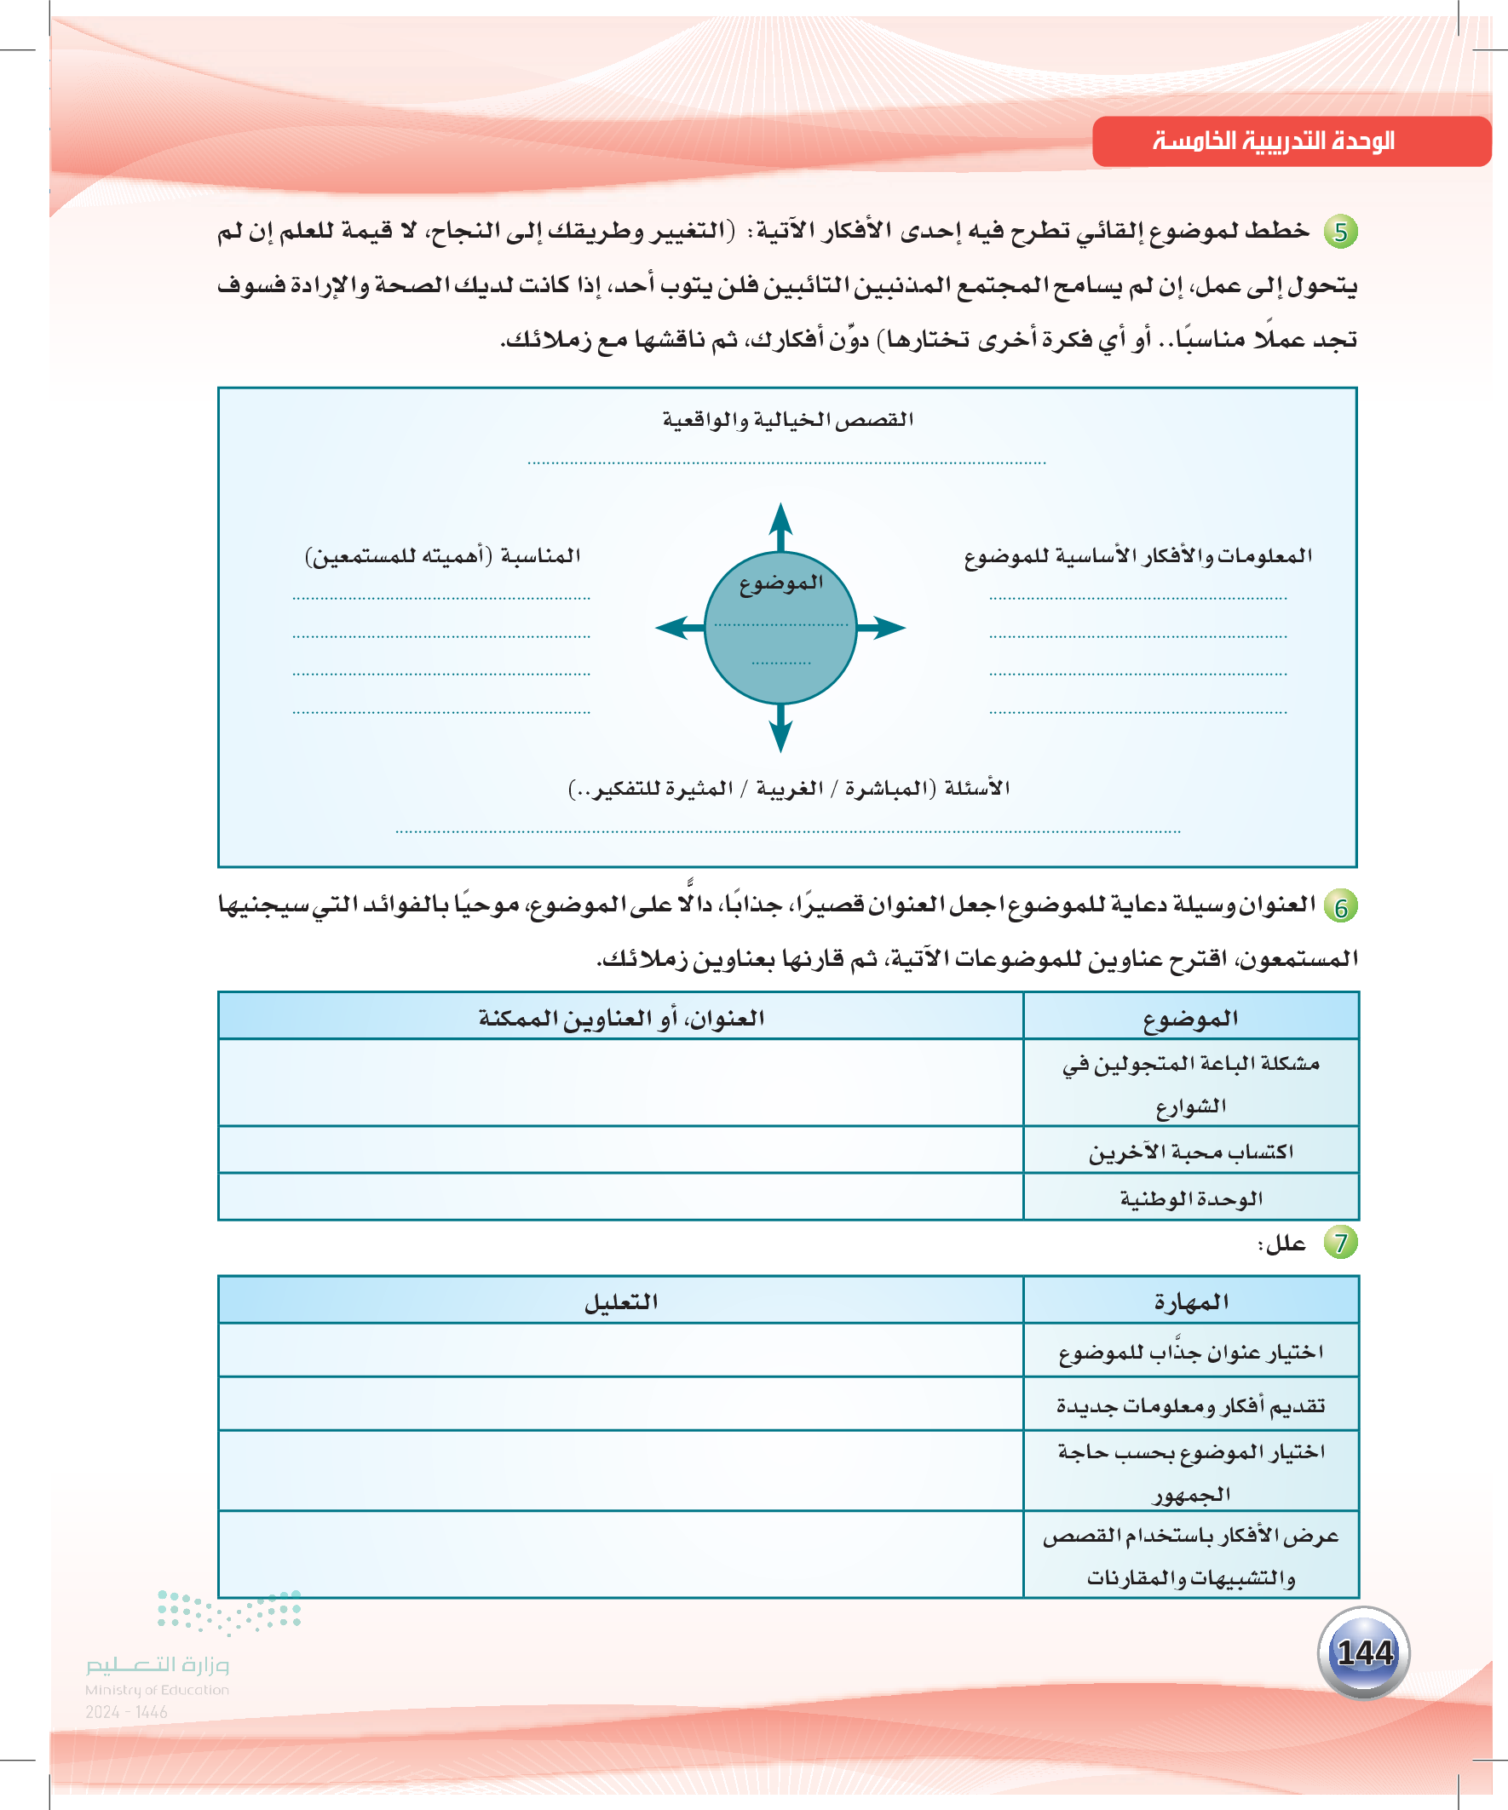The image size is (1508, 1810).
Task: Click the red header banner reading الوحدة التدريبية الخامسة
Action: [1290, 141]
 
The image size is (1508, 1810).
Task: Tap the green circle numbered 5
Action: [1341, 232]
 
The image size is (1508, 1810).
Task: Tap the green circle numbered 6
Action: [1341, 907]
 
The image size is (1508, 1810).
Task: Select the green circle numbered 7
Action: [1341, 1243]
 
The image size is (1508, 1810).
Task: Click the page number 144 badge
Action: [1364, 1652]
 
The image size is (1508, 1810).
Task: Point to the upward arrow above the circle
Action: [780, 524]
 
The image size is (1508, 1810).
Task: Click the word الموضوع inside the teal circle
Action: [781, 583]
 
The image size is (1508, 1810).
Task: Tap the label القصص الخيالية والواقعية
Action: [787, 420]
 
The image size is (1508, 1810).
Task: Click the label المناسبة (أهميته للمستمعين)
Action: [442, 556]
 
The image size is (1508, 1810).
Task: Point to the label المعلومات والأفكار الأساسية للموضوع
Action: [1138, 556]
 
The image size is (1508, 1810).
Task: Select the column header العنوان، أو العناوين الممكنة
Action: [621, 1018]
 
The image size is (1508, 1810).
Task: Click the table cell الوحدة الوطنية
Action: [1191, 1198]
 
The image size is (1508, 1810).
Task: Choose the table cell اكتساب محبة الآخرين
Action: [1191, 1152]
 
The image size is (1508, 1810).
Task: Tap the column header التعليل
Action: [621, 1301]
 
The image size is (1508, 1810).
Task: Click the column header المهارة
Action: [1191, 1301]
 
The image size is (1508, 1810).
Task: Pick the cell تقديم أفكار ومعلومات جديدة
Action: [1191, 1405]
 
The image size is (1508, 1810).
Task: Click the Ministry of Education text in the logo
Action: [157, 1690]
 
